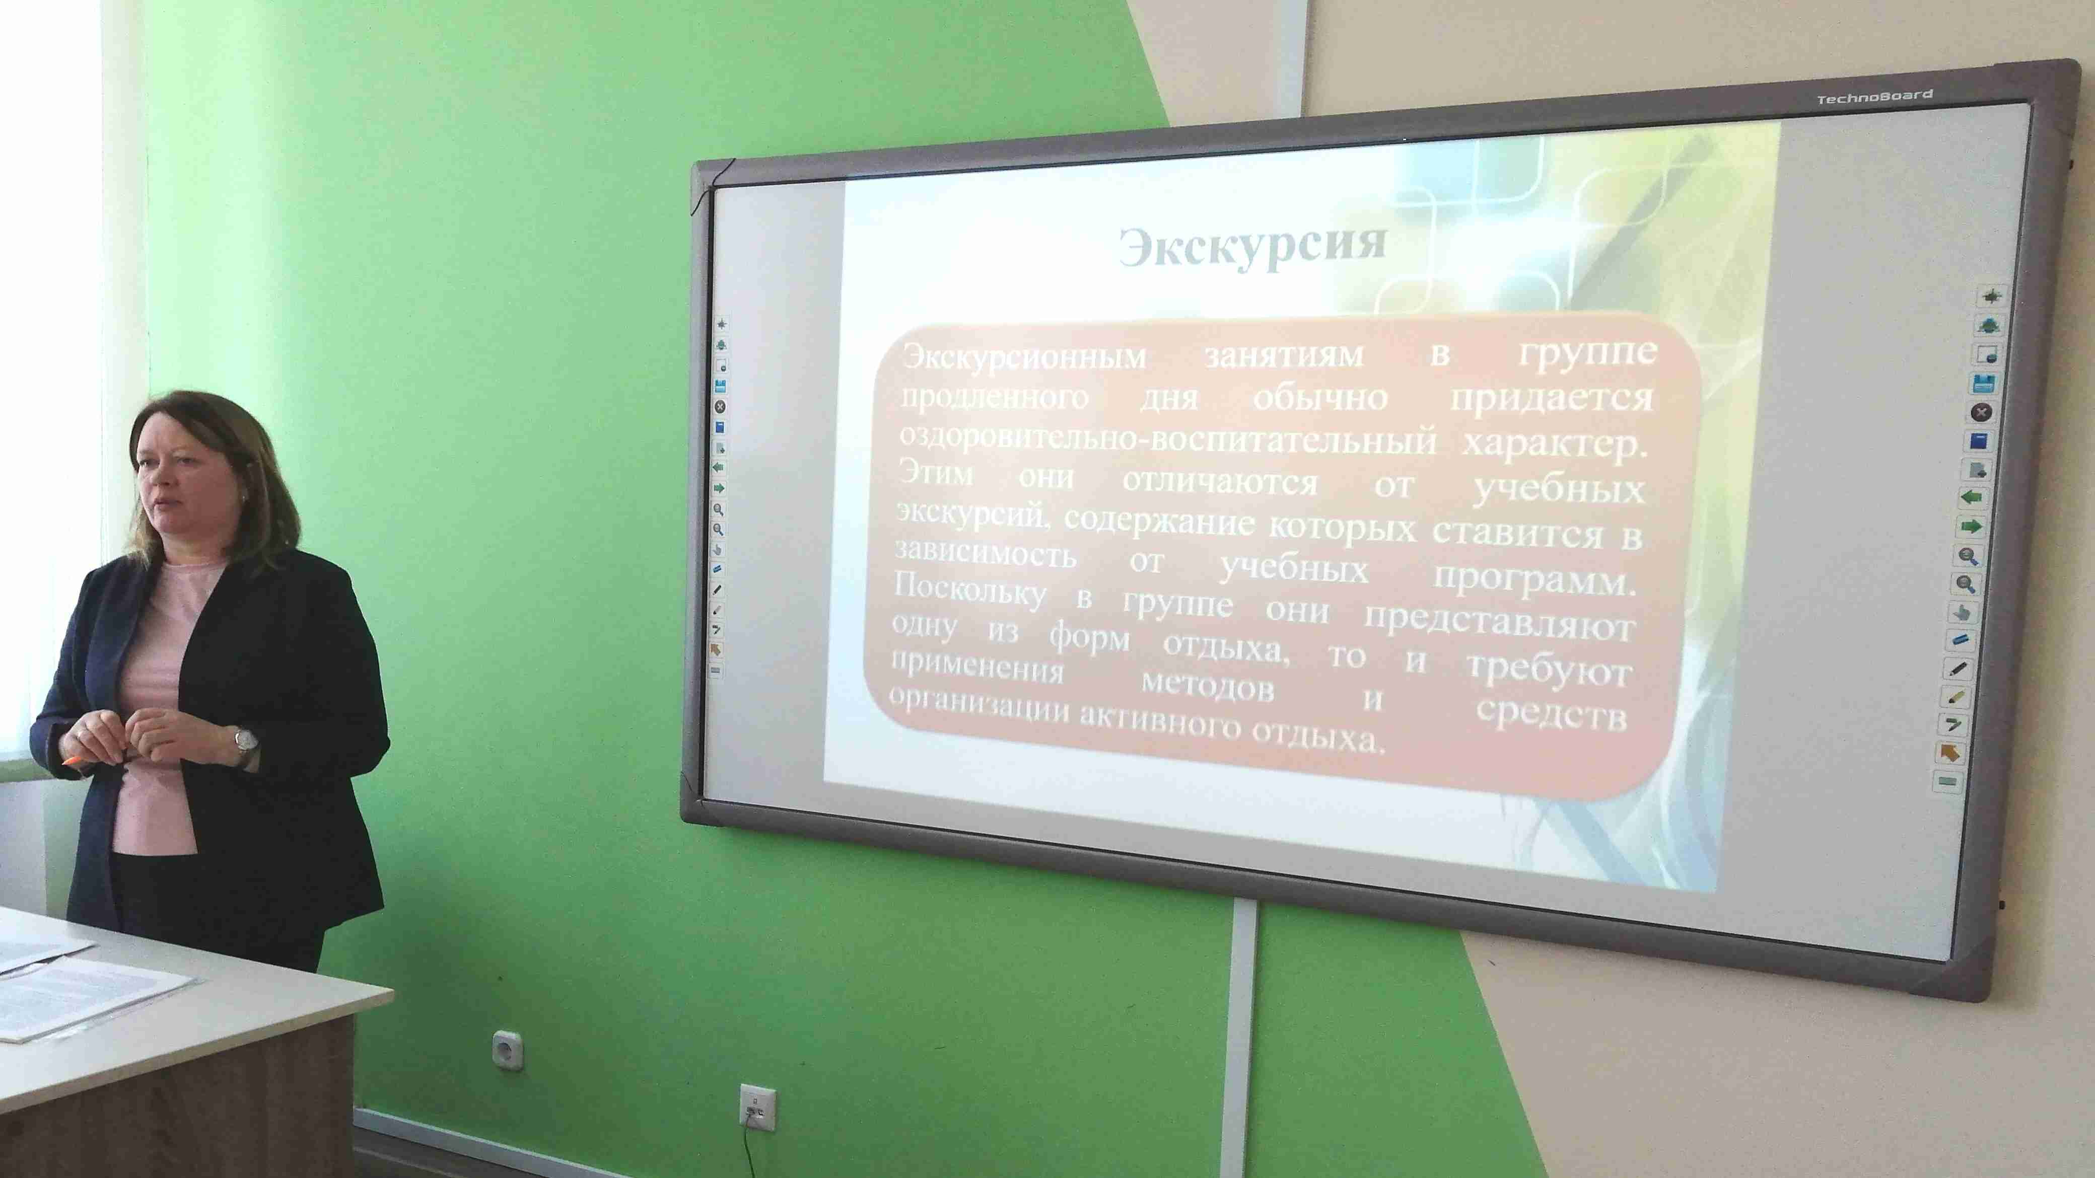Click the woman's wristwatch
click(246, 741)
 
